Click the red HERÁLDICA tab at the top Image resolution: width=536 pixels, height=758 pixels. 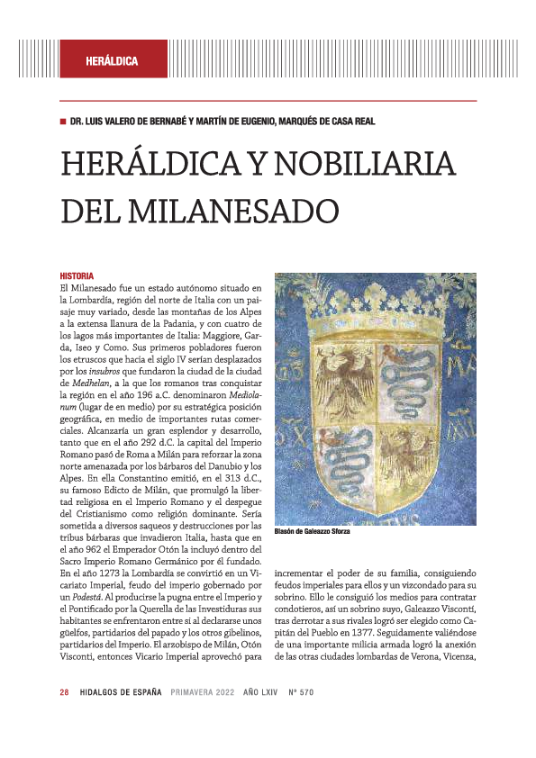[112, 61]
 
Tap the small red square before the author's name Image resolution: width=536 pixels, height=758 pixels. [62, 122]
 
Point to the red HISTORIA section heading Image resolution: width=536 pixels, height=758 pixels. [77, 275]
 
